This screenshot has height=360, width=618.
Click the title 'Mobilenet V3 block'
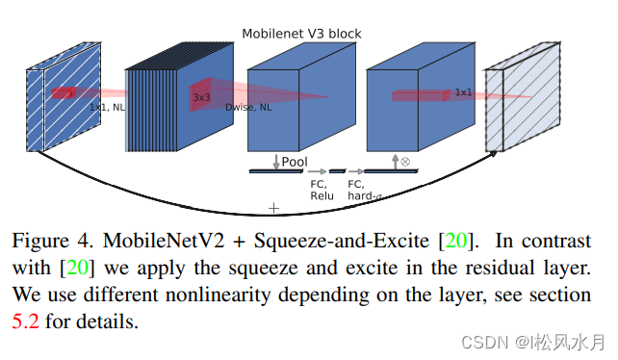[x=302, y=35]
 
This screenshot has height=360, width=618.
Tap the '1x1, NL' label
[x=107, y=107]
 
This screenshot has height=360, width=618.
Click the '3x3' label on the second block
[x=202, y=97]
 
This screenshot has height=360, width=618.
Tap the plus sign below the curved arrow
[x=273, y=207]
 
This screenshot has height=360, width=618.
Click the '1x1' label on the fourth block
[x=463, y=92]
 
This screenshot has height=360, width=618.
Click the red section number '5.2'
[x=26, y=321]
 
